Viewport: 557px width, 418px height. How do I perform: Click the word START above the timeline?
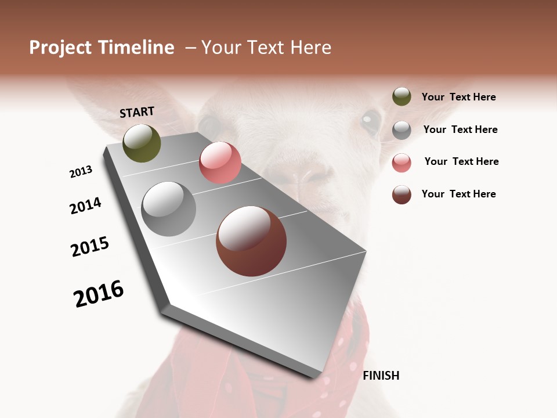coord(137,112)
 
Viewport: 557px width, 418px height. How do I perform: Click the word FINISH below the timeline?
coord(381,376)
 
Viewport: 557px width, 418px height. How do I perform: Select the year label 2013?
coord(81,172)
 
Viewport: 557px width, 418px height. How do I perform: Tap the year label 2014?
coord(85,206)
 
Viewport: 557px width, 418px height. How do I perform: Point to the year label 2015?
coord(90,247)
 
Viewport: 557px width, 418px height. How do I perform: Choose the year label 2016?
coord(99,294)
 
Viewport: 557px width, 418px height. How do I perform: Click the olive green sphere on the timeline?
coord(142,143)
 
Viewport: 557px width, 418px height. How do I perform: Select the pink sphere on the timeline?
coord(220,163)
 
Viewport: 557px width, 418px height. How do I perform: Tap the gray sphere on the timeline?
coord(168,208)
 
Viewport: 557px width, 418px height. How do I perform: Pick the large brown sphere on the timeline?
coord(251,241)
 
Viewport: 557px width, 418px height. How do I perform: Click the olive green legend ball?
coord(402,96)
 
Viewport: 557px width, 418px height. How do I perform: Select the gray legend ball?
coord(402,130)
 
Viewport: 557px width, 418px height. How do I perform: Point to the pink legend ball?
coord(402,163)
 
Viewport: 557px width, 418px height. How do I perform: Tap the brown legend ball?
coord(402,194)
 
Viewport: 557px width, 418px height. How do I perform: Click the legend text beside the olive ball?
coord(458,97)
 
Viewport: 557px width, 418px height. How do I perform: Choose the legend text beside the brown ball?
coord(458,194)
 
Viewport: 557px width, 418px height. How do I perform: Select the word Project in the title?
coord(60,48)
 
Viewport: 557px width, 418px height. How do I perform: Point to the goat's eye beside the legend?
coord(370,121)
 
